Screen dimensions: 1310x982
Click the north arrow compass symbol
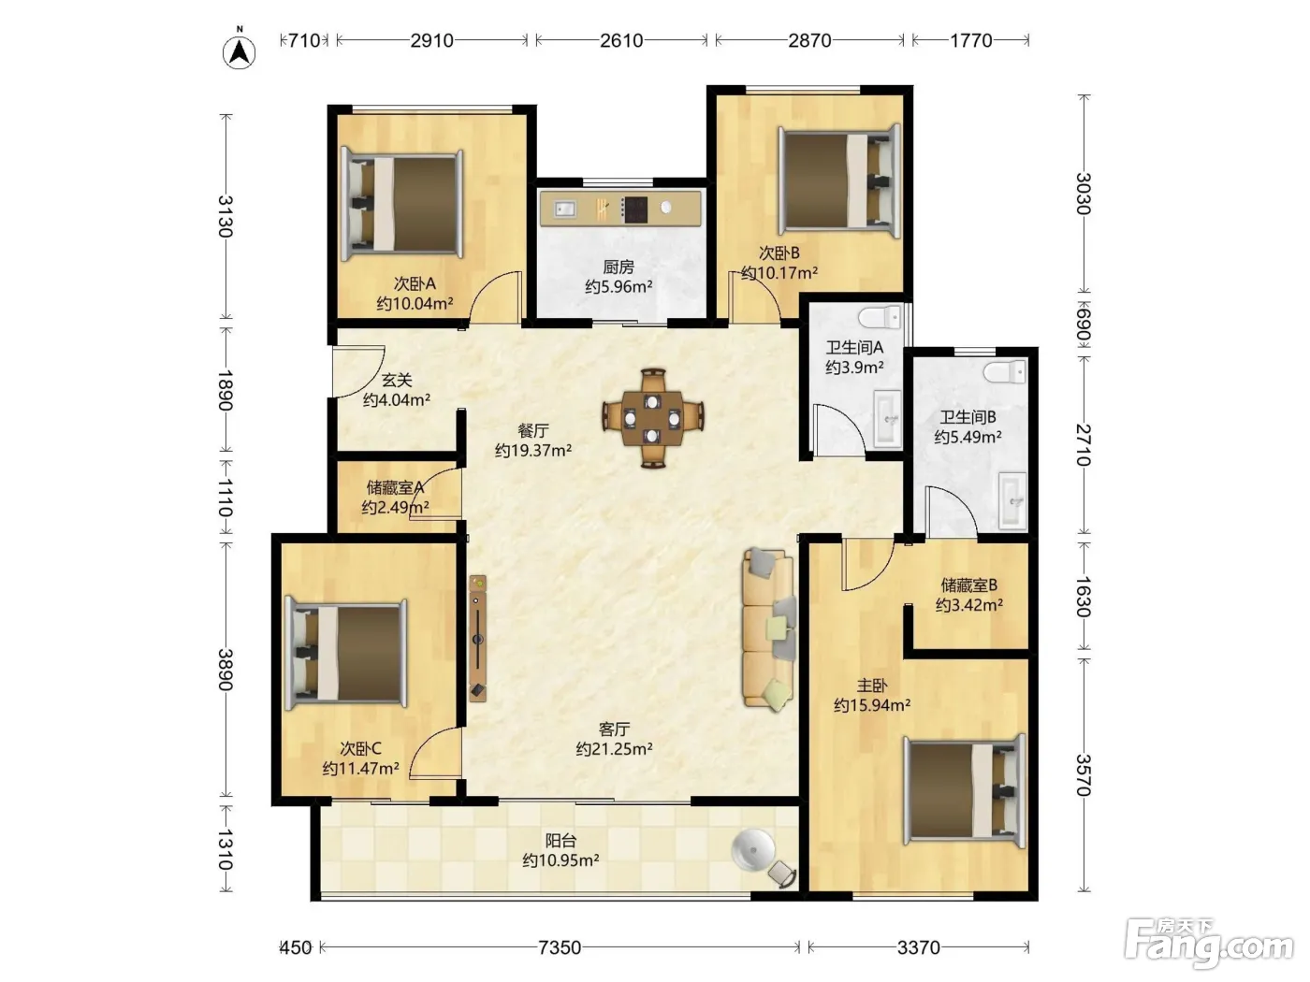pyautogui.click(x=240, y=51)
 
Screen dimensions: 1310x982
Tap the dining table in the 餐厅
pyautogui.click(x=653, y=418)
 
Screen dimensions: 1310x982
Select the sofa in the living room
pyautogui.click(x=769, y=629)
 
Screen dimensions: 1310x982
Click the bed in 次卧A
pyautogui.click(x=401, y=205)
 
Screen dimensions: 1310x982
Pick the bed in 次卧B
pyautogui.click(x=838, y=181)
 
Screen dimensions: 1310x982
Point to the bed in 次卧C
pyautogui.click(x=346, y=654)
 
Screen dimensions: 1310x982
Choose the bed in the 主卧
pyautogui.click(x=965, y=790)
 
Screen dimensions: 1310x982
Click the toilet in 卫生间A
pyautogui.click(x=880, y=317)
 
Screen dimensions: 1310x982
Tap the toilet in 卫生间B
pyautogui.click(x=1005, y=372)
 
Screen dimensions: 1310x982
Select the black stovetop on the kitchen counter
pyautogui.click(x=635, y=209)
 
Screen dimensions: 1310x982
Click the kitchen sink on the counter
pyautogui.click(x=564, y=209)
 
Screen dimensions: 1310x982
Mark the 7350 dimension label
pyautogui.click(x=560, y=947)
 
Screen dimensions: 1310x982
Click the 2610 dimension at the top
pyautogui.click(x=621, y=40)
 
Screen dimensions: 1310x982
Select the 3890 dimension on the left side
pyautogui.click(x=226, y=670)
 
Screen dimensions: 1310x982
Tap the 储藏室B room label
pyautogui.click(x=969, y=585)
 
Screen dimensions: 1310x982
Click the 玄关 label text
pyautogui.click(x=397, y=380)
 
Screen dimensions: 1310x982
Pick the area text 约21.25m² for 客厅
pyautogui.click(x=614, y=748)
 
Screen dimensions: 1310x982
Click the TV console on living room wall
pyautogui.click(x=477, y=638)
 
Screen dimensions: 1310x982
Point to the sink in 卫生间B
pyautogui.click(x=1012, y=501)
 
